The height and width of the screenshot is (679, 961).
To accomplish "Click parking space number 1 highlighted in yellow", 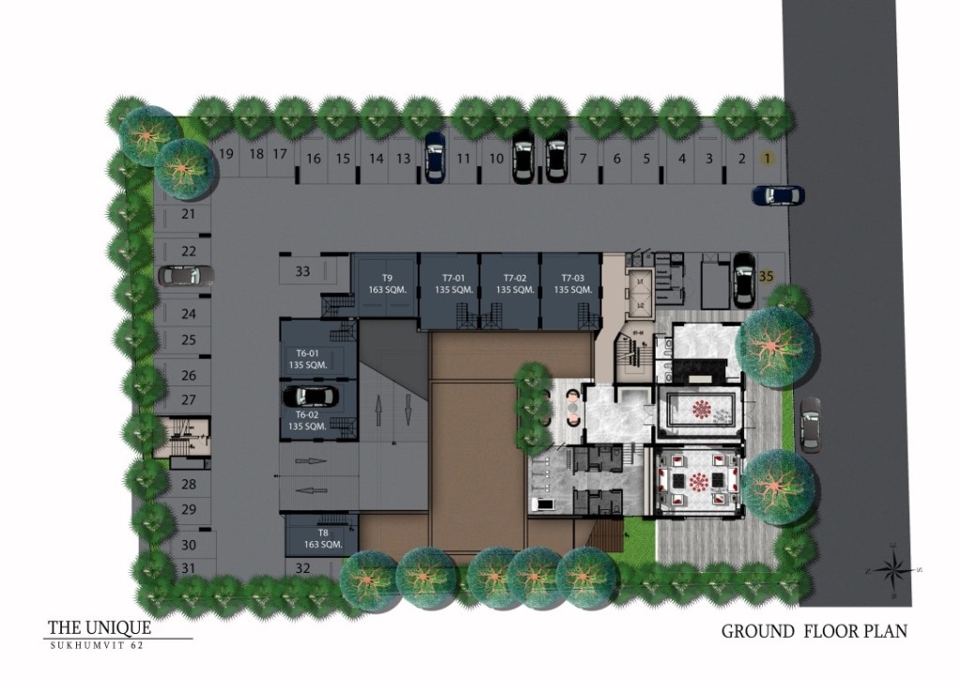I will pos(768,158).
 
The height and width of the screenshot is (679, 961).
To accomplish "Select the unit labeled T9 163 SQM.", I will pos(386,283).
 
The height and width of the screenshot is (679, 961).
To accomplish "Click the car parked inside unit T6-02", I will pos(309,397).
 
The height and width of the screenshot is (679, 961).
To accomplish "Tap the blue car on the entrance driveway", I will pos(778,195).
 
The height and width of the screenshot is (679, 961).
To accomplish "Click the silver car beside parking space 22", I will pos(181,276).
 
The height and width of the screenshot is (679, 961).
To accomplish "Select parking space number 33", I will pos(302,272).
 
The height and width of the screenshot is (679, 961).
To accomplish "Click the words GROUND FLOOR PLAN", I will pos(814,631).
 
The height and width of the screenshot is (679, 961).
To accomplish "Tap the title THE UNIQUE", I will pos(99,627).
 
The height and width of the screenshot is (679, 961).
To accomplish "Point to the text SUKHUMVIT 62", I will pos(98,645).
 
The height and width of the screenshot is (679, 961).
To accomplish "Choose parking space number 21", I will pos(188,215).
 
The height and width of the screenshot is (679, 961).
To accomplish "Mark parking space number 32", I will pos(302,567).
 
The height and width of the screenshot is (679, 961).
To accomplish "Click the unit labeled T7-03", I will pos(572,283).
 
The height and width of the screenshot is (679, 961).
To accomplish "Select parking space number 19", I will pos(225,154).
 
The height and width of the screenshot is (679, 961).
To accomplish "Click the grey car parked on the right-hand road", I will pos(809,424).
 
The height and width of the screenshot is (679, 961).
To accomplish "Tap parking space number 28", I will pos(189,484).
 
